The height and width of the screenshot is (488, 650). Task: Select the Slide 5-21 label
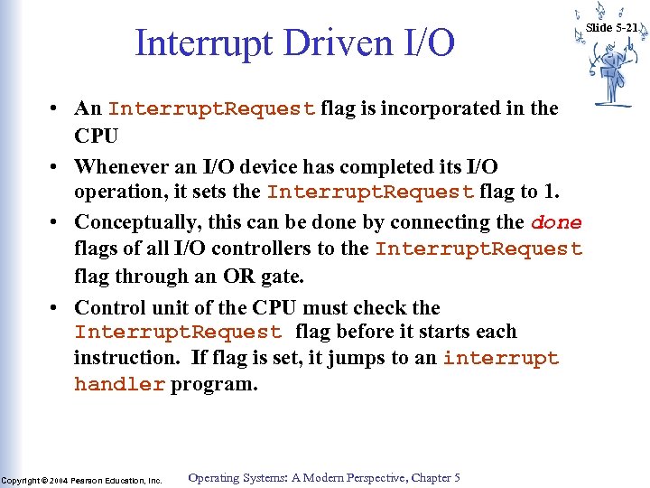pyautogui.click(x=612, y=28)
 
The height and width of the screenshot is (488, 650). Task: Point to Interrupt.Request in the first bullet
pyautogui.click(x=211, y=109)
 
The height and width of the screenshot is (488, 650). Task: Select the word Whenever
pyautogui.click(x=118, y=167)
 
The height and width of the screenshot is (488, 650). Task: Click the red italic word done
pyautogui.click(x=556, y=222)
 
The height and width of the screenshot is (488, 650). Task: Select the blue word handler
pyautogui.click(x=119, y=384)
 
